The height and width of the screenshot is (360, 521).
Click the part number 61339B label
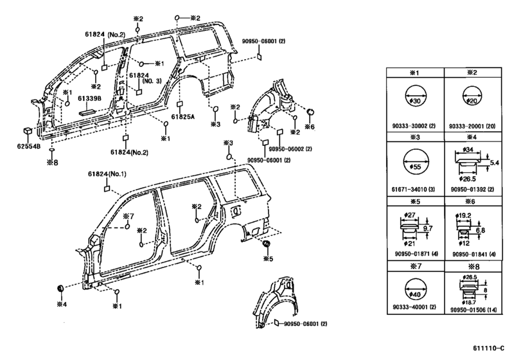[x=87, y=98]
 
